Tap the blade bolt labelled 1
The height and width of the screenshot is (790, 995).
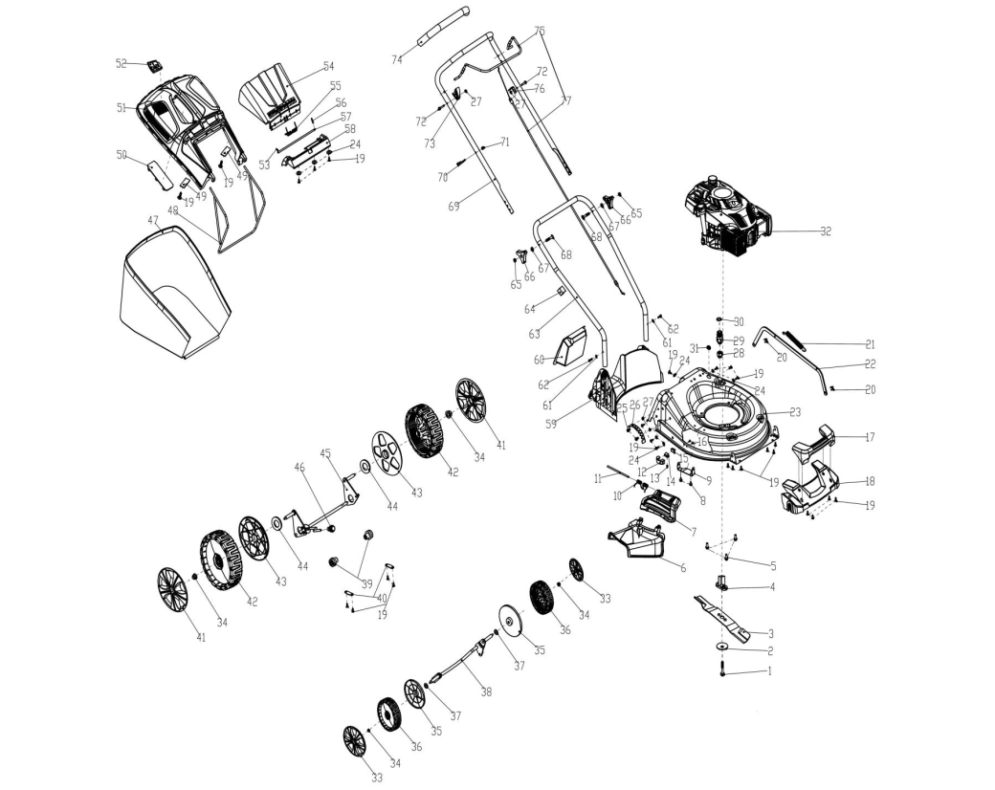722,673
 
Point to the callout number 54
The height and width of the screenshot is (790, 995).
328,66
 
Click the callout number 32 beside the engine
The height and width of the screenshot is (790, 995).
826,230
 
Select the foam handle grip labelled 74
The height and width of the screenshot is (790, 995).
444,29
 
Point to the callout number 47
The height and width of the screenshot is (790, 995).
152,220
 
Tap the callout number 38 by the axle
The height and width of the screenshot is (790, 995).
486,691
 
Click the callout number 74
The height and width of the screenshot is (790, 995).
396,60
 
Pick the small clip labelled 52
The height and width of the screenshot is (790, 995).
153,65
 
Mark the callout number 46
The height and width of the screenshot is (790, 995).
298,466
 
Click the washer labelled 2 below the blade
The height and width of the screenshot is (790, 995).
722,649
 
